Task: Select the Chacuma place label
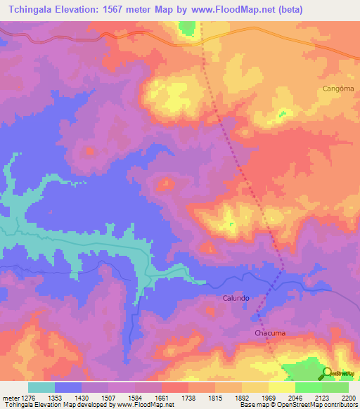(x=270, y=333)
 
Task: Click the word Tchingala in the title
(x=35, y=10)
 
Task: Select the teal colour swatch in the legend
(x=41, y=387)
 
